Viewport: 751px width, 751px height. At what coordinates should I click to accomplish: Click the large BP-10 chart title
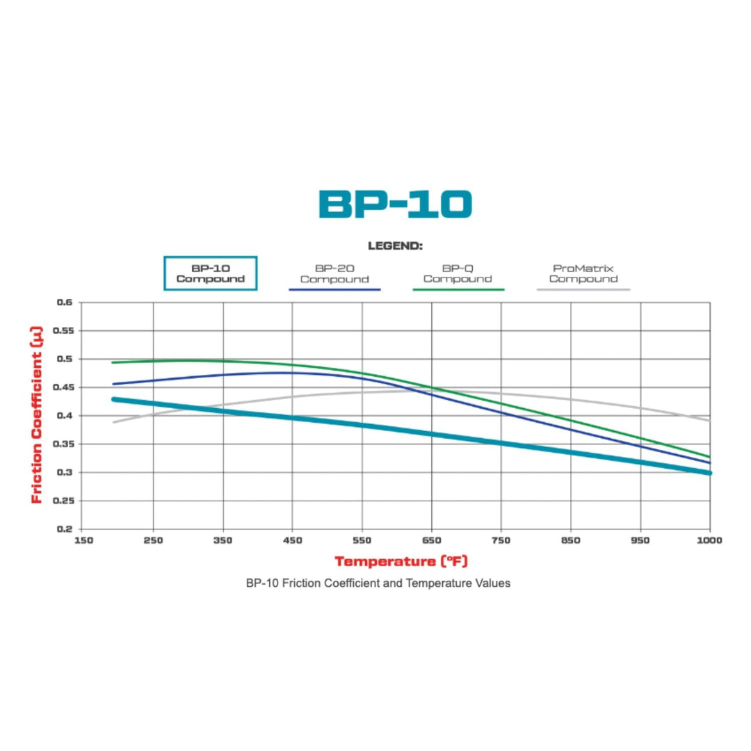395,204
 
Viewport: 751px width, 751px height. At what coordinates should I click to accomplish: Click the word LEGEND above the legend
395,245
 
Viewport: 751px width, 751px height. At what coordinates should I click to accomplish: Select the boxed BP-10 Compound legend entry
211,273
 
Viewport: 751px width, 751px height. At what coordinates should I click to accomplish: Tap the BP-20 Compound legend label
334,273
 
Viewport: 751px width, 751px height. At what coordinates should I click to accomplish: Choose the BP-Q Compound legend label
458,273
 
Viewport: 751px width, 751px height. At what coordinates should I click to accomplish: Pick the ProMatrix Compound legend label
583,273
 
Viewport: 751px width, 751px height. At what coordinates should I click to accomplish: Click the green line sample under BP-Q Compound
458,289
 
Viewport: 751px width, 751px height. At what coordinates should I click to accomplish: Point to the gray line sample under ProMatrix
583,289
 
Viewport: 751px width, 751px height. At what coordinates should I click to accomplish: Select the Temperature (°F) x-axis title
406,560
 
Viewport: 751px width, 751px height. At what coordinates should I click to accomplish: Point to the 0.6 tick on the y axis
65,302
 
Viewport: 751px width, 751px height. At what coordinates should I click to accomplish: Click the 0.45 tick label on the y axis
63,387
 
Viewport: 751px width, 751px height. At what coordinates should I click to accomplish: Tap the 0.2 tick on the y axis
65,528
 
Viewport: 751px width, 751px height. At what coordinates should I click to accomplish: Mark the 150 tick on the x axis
83,540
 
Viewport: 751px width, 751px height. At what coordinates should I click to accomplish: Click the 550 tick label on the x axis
362,540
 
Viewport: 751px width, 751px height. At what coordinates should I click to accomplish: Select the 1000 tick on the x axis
709,540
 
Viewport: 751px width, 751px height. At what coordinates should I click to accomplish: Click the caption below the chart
378,583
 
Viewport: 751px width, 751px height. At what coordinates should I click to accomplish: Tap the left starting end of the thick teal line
113,399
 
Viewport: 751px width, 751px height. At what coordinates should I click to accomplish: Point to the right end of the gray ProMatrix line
709,420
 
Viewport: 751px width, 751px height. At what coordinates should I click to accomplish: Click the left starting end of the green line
113,362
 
